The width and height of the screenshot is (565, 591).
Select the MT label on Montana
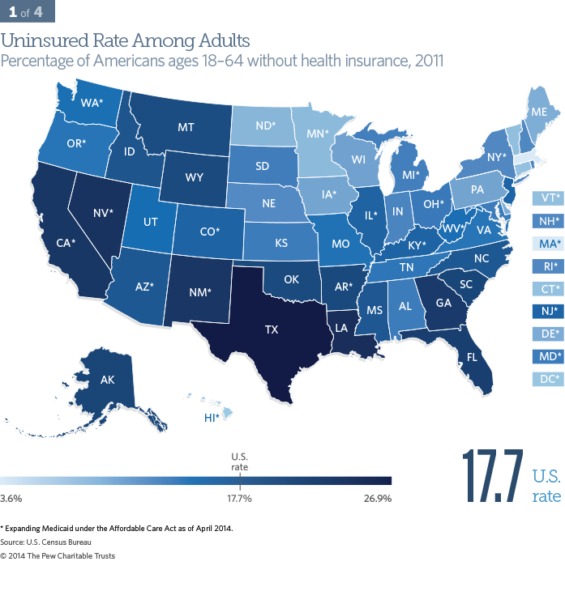[x=186, y=126]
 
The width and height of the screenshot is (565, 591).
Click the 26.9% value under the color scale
[x=377, y=498]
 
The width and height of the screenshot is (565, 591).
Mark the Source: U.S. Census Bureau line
[x=45, y=542]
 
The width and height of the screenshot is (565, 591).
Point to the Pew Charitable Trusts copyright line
[x=58, y=555]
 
